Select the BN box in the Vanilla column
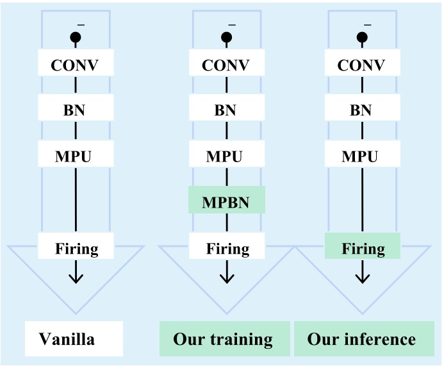pyautogui.click(x=76, y=108)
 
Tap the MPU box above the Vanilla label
pyautogui.click(x=76, y=154)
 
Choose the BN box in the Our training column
pyautogui.click(x=226, y=108)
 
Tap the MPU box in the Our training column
pyautogui.click(x=226, y=154)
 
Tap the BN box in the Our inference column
pyautogui.click(x=363, y=108)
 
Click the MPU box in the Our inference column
pyautogui.click(x=363, y=154)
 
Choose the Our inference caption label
pyautogui.click(x=363, y=338)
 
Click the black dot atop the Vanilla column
pyautogui.click(x=76, y=37)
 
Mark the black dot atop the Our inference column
pyautogui.click(x=363, y=37)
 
